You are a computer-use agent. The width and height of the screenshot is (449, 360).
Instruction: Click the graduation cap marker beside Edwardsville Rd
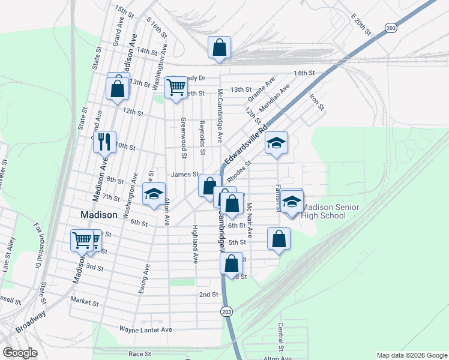tap(276, 143)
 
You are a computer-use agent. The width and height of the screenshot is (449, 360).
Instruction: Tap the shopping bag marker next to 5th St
tap(279, 238)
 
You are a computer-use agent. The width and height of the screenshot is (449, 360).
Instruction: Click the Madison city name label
tap(98, 215)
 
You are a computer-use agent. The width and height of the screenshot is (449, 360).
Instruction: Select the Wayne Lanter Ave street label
tap(145, 329)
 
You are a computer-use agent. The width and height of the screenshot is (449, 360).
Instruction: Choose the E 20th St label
tap(363, 22)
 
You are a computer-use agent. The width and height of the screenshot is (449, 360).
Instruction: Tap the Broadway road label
tap(31, 322)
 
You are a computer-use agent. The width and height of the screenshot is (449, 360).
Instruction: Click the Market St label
tap(83, 299)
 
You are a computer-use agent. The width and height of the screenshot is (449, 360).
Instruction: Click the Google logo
tap(20, 353)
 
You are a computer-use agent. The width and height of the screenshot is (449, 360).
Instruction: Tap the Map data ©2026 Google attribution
tap(411, 355)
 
